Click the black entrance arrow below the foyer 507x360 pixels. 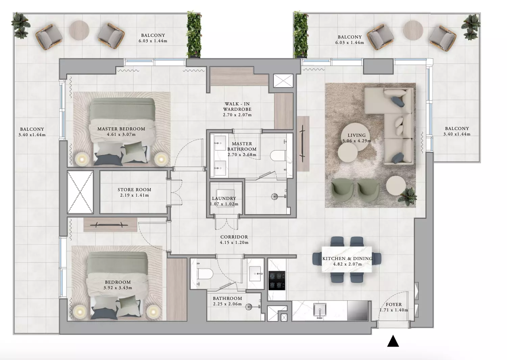point(393,341)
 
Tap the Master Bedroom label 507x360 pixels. point(121,129)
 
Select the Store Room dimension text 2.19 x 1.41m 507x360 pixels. point(135,195)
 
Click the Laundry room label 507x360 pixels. point(224,198)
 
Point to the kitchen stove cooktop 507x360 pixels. point(277,280)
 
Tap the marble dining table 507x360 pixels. point(347,259)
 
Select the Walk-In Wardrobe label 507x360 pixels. point(237,106)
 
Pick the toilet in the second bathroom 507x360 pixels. point(205,274)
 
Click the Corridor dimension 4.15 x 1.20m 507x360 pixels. point(234,242)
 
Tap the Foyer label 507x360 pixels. point(394,305)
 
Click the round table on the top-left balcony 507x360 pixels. point(79,30)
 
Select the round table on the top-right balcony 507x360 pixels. point(413,30)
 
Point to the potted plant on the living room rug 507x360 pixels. point(407,196)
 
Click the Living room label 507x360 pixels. point(357,135)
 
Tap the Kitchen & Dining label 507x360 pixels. point(347,258)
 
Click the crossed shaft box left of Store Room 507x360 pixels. point(80,192)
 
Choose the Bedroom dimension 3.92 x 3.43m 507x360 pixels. point(118,288)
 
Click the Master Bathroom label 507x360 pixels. point(242,146)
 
